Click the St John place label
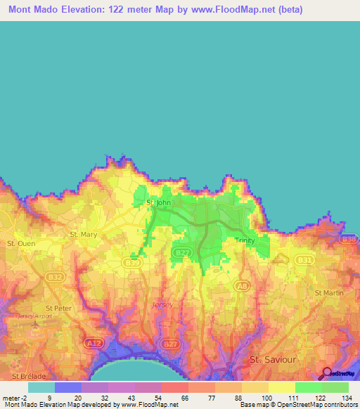click(x=158, y=203)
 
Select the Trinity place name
click(x=245, y=240)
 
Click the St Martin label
click(x=328, y=292)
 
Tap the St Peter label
click(x=58, y=308)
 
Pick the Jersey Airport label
click(x=36, y=317)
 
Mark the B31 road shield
click(x=304, y=260)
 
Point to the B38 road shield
click(x=349, y=239)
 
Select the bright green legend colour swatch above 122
click(x=309, y=387)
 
